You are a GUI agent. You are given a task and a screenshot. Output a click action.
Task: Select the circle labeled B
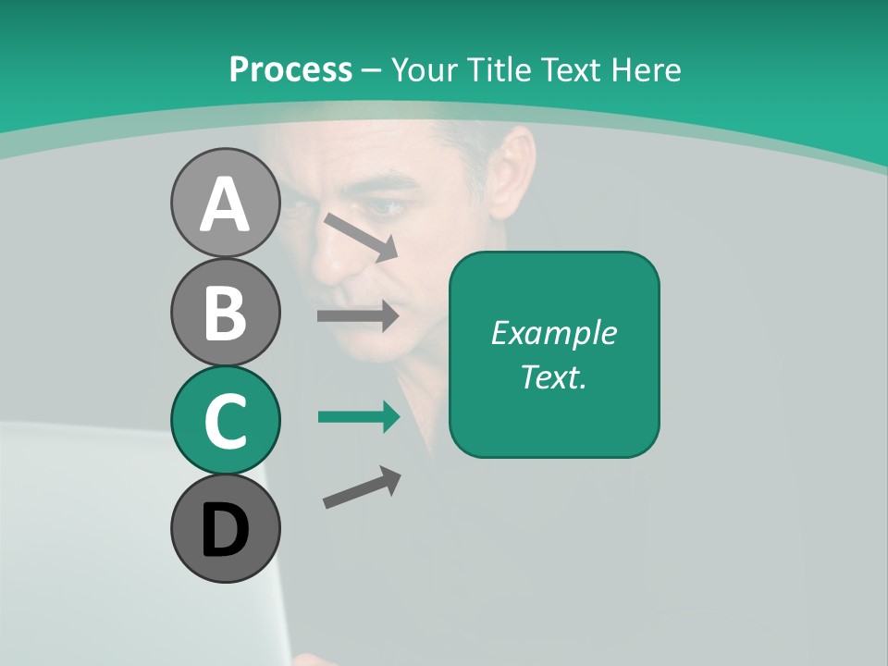point(225,312)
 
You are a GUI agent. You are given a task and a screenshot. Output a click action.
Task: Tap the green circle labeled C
point(225,420)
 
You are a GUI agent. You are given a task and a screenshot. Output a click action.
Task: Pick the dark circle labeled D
point(225,528)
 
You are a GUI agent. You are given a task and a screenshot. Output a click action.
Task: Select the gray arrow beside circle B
point(358,315)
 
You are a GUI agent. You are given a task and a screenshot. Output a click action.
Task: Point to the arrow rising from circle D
point(362,487)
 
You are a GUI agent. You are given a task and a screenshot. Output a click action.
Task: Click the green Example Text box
point(554,354)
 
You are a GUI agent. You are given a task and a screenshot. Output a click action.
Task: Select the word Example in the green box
point(554,333)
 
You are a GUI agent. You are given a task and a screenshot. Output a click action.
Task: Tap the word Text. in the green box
point(554,376)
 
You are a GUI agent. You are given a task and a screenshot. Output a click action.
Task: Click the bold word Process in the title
point(290,69)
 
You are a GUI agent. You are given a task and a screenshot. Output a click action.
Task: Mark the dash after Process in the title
point(372,70)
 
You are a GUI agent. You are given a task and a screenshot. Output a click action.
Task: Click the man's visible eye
point(388,206)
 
